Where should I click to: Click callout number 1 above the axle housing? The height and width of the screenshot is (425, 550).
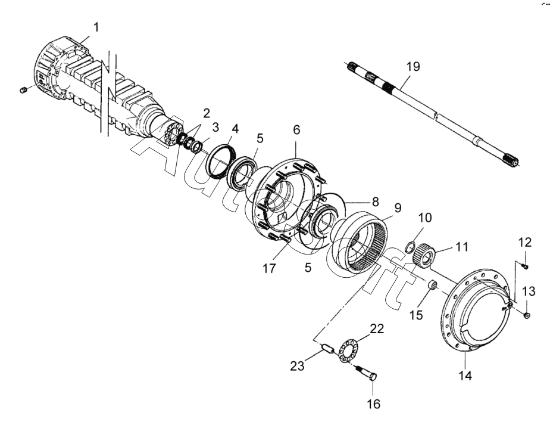96,27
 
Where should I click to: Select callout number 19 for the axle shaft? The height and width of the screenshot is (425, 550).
413,66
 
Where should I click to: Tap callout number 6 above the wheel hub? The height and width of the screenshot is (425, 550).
297,130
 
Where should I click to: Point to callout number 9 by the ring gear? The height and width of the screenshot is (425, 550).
398,208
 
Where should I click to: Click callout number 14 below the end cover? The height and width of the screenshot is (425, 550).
465,376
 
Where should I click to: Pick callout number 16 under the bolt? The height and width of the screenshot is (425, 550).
374,404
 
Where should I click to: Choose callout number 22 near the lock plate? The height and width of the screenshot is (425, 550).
377,329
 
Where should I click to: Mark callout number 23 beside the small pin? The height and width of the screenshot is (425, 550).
297,366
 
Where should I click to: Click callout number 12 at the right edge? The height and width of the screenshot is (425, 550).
525,243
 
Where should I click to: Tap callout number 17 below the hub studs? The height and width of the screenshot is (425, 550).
269,269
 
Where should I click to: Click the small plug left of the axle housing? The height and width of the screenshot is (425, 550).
24,89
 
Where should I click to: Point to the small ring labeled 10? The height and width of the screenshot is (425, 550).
410,246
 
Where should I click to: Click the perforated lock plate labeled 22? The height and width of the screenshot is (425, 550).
347,350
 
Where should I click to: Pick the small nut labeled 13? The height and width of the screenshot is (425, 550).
527,315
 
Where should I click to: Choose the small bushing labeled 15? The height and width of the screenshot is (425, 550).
433,284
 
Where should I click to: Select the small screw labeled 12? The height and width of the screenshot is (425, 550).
524,266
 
